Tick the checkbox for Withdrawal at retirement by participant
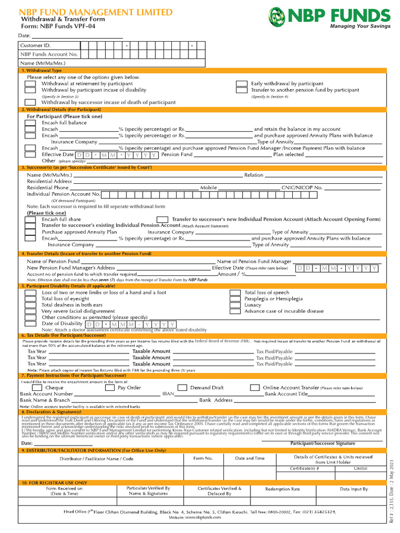pyautogui.click(x=31, y=84)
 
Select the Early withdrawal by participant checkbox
pyautogui.click(x=241, y=84)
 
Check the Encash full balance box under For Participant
pyautogui.click(x=31, y=123)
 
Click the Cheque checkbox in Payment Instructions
pyautogui.click(x=37, y=388)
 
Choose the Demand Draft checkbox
pyautogui.click(x=182, y=388)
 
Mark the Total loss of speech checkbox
pyautogui.click(x=235, y=293)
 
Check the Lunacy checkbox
pyautogui.click(x=235, y=306)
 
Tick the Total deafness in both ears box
pyautogui.click(x=31, y=306)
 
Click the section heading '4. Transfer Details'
pyautogui.click(x=86, y=253)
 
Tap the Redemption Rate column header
pyautogui.click(x=282, y=489)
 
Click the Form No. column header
pyautogui.click(x=203, y=458)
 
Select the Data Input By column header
pyautogui.click(x=354, y=489)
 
